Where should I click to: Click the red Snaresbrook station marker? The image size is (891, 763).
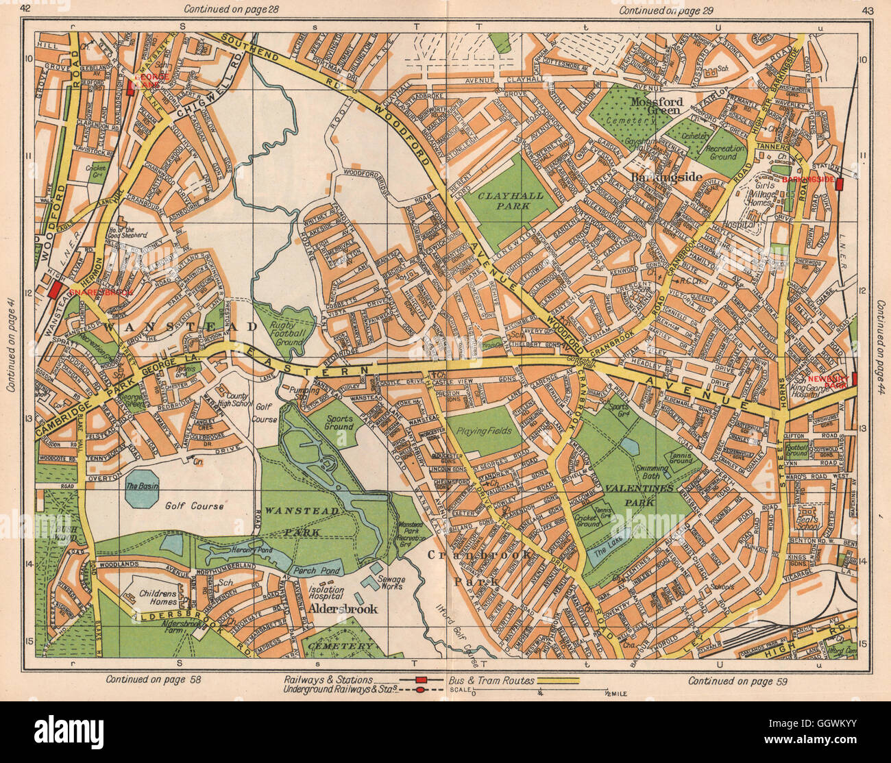[54, 290]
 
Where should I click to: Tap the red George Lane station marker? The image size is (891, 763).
[130, 87]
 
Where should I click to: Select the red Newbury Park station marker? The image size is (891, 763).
[855, 378]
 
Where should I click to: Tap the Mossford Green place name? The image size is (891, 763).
[655, 105]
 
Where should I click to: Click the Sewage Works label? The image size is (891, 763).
[393, 584]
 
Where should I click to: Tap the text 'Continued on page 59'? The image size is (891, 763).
[737, 680]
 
